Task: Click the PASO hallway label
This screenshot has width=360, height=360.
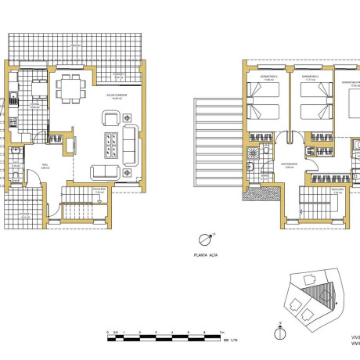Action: (x=45, y=165)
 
